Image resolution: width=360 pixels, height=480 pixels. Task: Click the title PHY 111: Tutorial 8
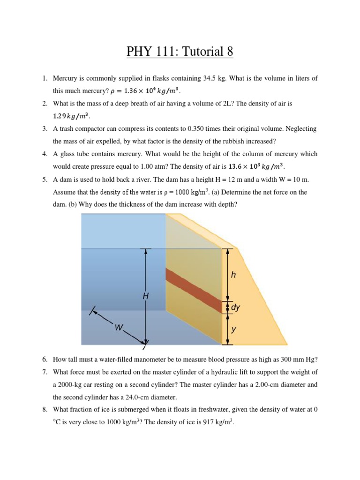click(x=180, y=52)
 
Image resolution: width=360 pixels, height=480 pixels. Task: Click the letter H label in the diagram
click(x=146, y=296)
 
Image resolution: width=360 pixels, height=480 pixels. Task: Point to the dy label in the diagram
click(x=235, y=307)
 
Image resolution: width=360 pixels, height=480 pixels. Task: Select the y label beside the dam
click(x=233, y=330)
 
